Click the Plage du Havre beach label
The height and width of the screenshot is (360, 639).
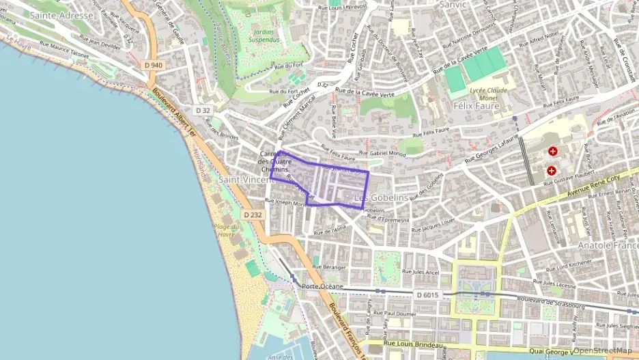(x=226, y=230)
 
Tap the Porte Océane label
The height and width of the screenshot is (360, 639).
(x=322, y=286)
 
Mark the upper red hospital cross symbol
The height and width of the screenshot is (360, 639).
(x=552, y=151)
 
